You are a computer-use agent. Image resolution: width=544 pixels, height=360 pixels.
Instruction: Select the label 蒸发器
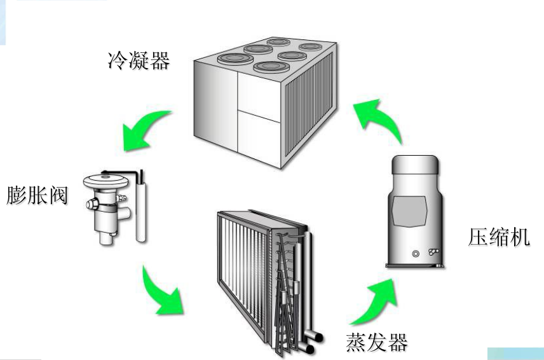pos(376,341)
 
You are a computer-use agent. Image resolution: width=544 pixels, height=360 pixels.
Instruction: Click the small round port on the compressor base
pos(416,254)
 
